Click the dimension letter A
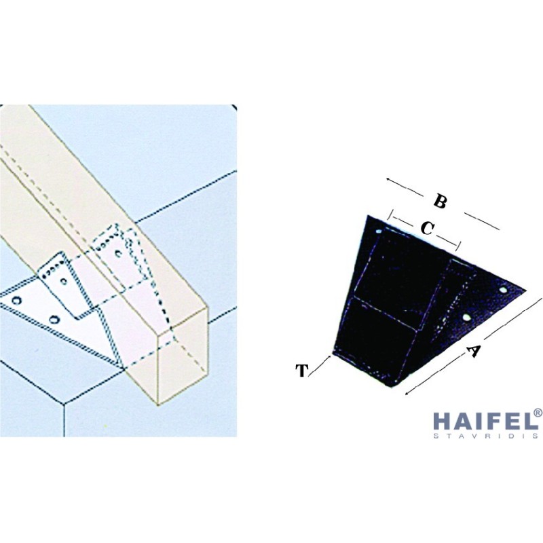473,351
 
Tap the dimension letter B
440,201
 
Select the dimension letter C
427,228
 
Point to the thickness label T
301,370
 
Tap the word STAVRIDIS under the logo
485,436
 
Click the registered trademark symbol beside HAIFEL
538,413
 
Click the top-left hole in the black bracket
379,231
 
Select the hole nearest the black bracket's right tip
503,290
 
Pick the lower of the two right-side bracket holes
466,317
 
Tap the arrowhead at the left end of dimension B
388,179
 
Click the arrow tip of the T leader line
329,356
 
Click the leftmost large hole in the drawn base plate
16,300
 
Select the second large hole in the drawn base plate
54,319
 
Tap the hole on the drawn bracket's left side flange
64,281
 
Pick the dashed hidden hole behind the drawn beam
118,253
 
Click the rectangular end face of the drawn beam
183,358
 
